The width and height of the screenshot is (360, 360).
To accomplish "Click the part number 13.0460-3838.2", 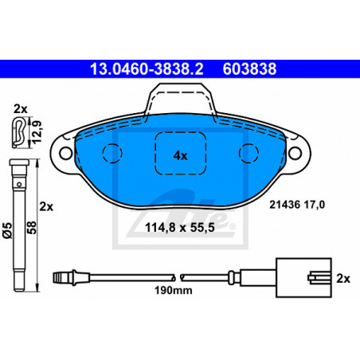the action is click(147, 69).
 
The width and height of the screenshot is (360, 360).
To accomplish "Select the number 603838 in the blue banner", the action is click(249, 69).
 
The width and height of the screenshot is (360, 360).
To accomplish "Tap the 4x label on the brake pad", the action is click(181, 155).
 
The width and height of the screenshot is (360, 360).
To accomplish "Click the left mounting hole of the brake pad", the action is click(66, 153).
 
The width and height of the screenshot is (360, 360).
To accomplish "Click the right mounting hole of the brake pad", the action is click(295, 153).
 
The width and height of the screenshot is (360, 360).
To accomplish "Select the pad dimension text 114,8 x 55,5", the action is click(180, 228).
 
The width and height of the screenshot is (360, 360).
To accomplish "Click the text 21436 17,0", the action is click(297, 205).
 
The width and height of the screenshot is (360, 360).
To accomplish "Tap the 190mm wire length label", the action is click(174, 290).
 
